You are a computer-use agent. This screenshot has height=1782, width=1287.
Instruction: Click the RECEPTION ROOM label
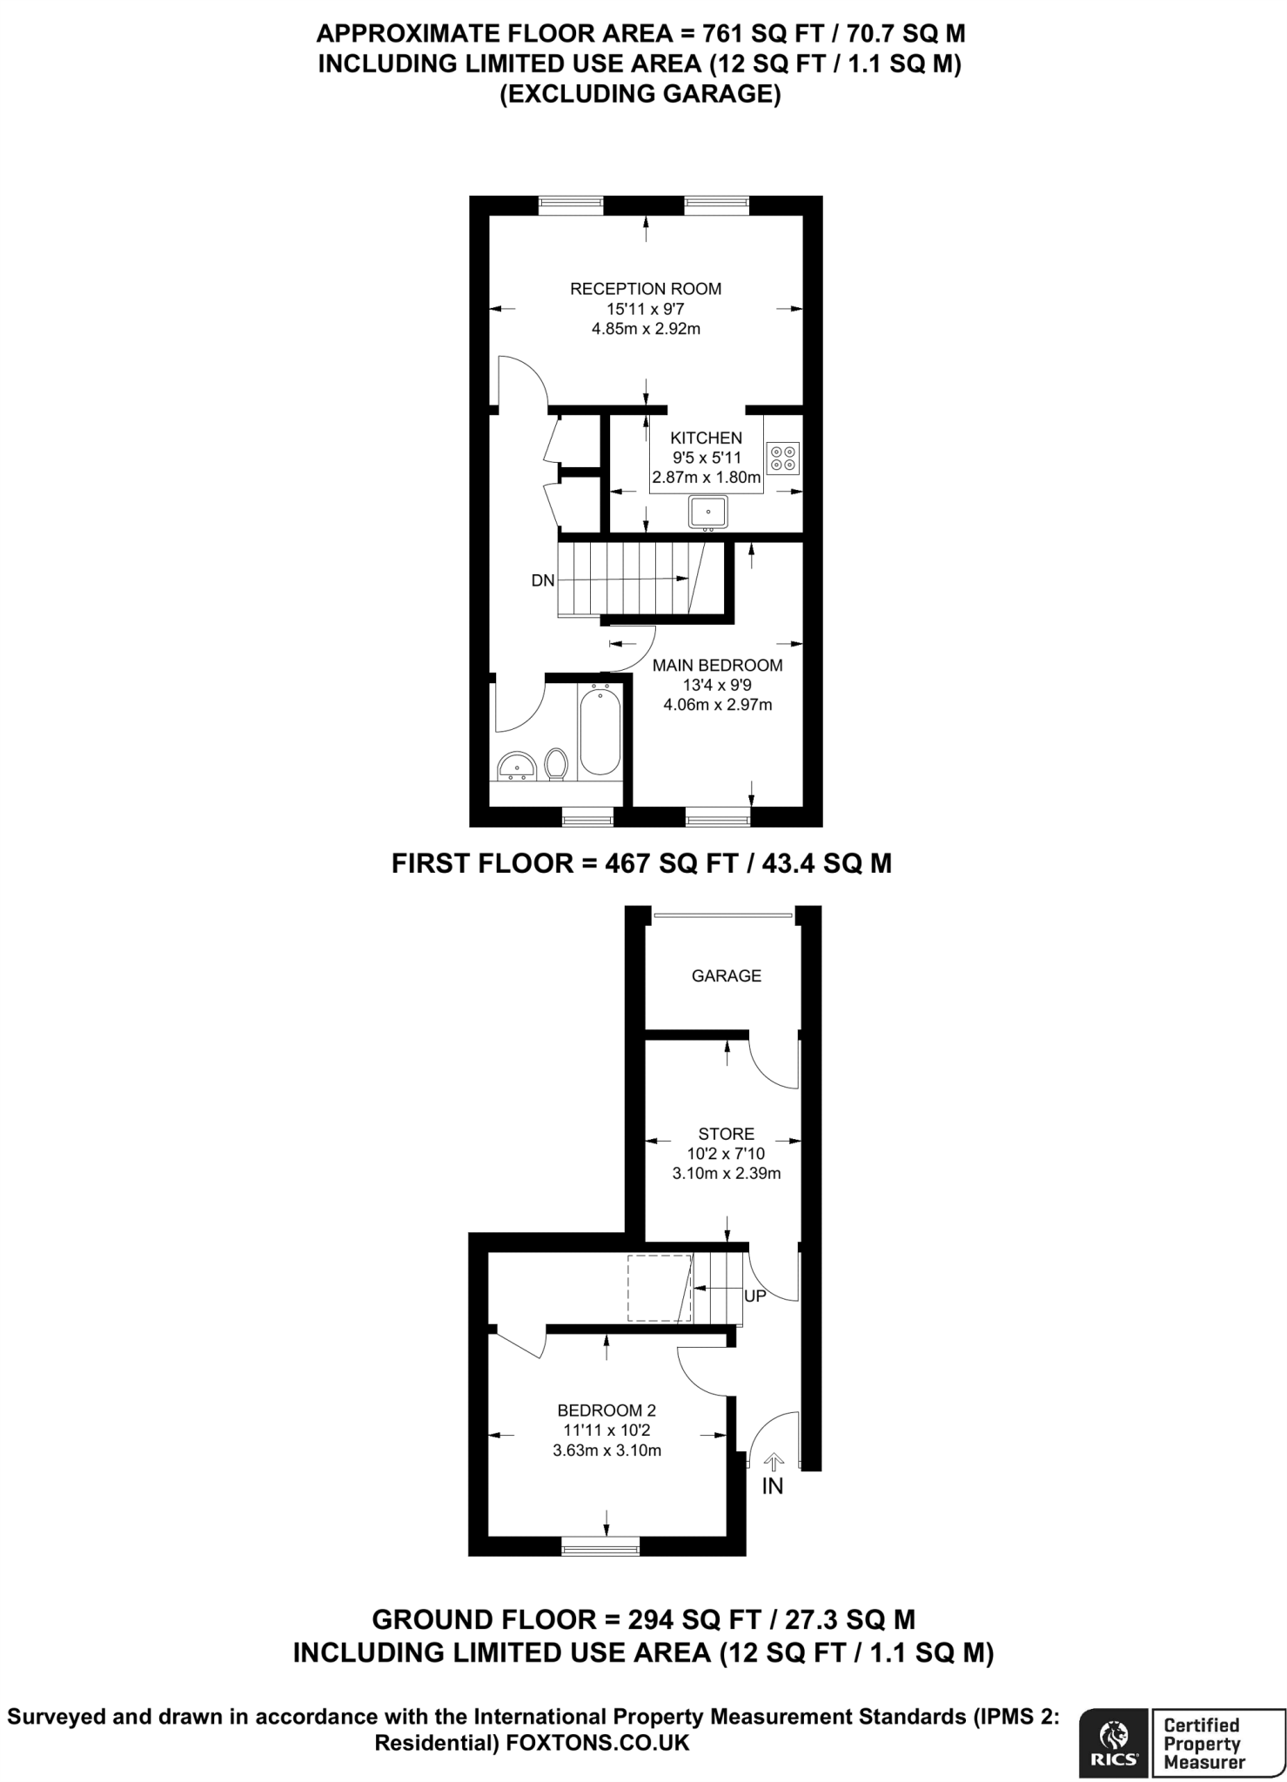coord(645,289)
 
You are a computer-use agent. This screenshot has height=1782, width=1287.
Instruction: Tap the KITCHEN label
coord(706,438)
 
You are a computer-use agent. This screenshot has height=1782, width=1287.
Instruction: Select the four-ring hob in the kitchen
coord(783,458)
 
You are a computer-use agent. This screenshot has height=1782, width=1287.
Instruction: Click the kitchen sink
coord(708,512)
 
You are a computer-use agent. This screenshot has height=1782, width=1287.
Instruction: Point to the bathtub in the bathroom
coord(600,729)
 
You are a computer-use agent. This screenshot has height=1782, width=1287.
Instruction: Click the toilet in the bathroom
coord(556,764)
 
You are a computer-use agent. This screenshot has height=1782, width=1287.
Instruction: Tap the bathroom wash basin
coord(516,767)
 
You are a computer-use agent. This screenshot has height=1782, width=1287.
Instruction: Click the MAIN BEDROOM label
coord(717,666)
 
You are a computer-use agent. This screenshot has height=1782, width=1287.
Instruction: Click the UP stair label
coord(754,1296)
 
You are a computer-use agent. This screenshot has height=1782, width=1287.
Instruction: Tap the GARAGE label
coord(726,976)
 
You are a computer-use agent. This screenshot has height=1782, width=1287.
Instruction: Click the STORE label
coord(726,1134)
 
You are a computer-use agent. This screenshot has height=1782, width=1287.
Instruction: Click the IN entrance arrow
coord(772,1463)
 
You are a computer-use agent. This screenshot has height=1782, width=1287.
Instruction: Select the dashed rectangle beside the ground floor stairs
coord(659,1289)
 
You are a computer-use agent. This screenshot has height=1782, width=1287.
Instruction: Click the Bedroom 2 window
coord(600,1546)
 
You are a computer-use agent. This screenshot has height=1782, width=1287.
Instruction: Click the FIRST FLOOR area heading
coord(641,863)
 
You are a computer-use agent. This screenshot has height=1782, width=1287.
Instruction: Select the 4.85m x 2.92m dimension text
coord(645,329)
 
